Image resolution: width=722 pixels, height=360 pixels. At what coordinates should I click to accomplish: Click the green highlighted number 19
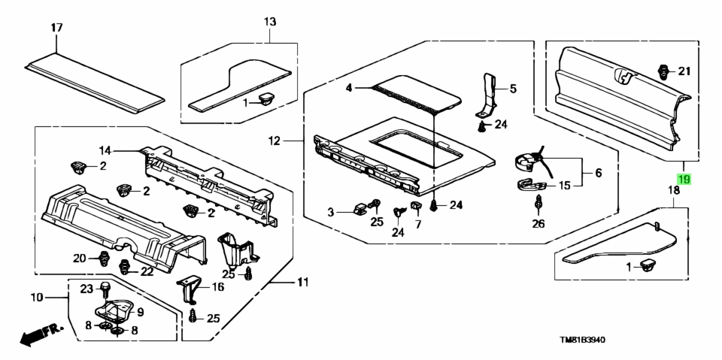tap(684, 179)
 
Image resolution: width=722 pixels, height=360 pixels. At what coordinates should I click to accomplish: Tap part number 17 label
tap(56, 28)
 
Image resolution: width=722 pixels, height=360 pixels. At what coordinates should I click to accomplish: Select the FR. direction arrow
tap(41, 334)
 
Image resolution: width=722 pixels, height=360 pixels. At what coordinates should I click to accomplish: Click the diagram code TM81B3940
tap(582, 340)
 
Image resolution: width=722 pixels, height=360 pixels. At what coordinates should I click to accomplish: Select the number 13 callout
tap(270, 21)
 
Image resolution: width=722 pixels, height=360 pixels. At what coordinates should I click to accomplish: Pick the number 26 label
tap(538, 224)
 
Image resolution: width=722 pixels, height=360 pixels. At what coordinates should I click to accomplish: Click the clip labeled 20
tap(104, 259)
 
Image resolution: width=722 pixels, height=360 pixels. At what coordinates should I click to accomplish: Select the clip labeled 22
tap(124, 266)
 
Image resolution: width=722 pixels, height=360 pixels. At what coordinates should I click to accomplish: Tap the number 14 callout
tap(105, 150)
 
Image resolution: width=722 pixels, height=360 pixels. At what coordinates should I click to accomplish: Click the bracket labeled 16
tap(190, 289)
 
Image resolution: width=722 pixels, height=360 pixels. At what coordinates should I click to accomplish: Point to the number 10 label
tap(38, 298)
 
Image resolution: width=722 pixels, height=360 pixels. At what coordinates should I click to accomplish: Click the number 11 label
tap(302, 282)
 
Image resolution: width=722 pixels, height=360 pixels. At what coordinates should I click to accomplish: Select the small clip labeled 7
tap(416, 205)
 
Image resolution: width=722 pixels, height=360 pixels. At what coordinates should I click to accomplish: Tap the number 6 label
tap(598, 173)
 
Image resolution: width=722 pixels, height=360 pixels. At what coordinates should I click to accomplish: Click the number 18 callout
tap(674, 190)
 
